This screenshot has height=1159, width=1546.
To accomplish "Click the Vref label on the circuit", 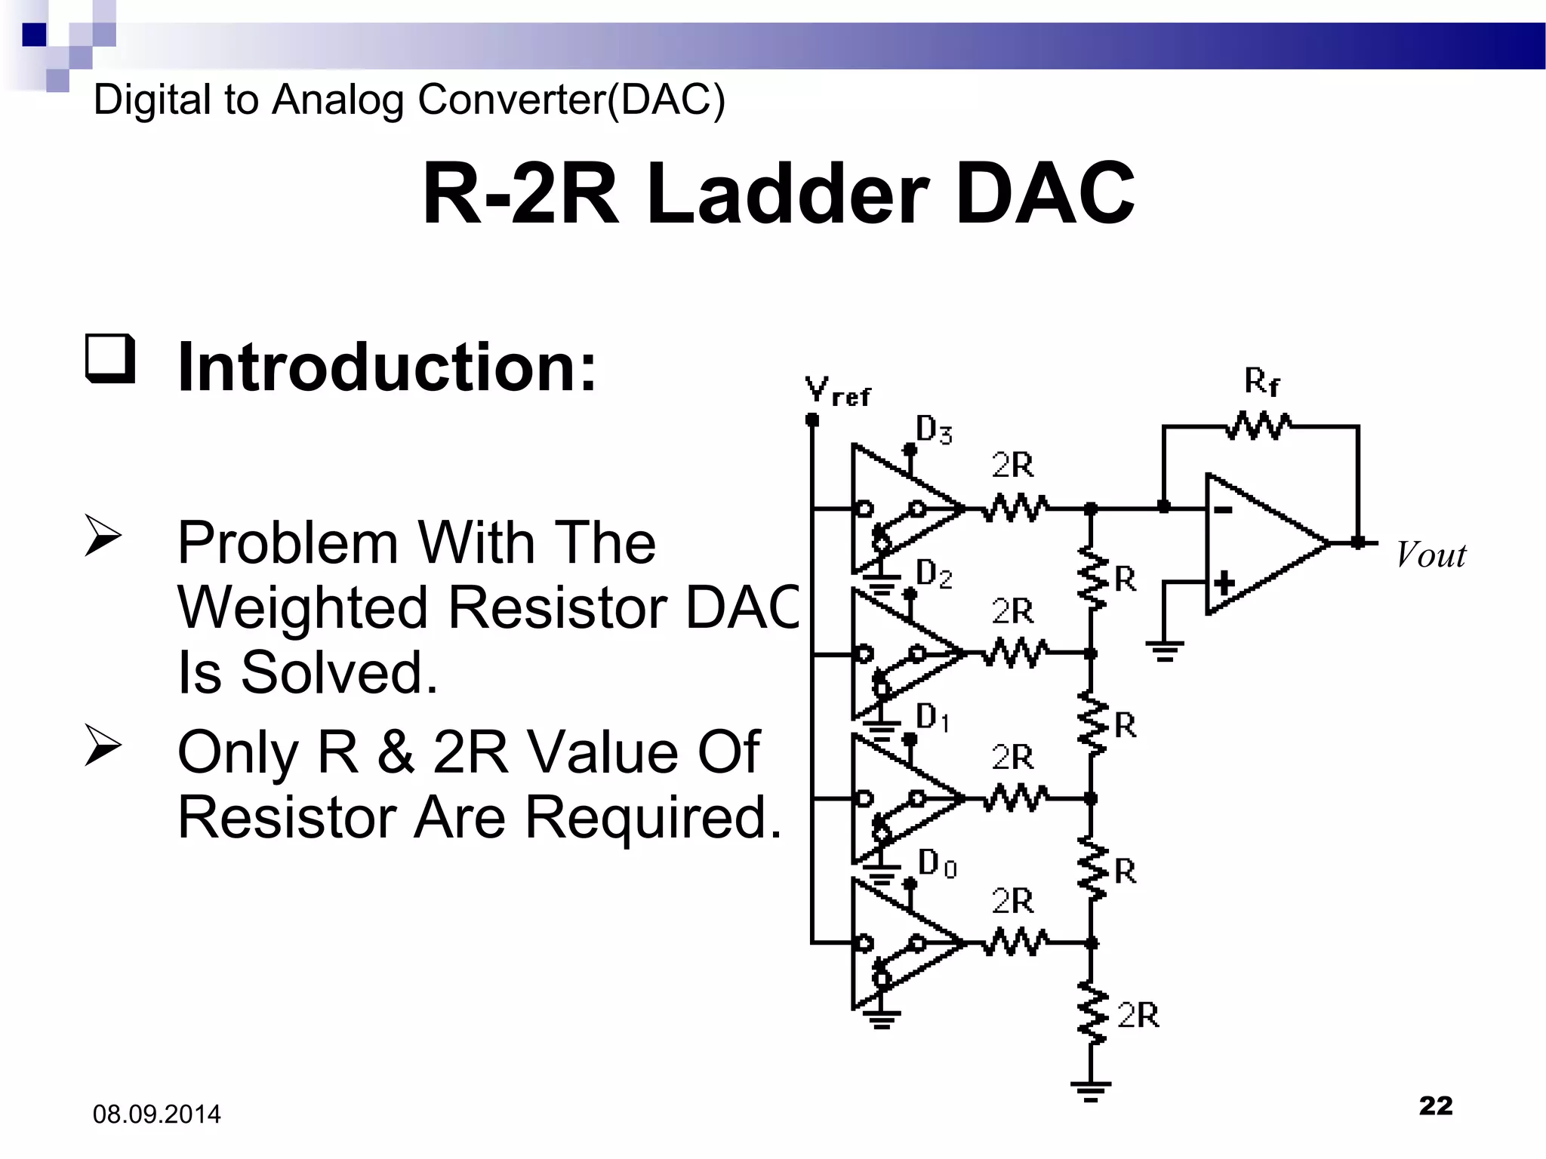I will pos(836,392).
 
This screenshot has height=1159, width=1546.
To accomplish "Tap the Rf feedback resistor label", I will pos(1261,382).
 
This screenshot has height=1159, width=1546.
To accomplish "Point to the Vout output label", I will pos(1431,555).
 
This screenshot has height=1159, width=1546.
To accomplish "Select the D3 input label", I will pos(934,430).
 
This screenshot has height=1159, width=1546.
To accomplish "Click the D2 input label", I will pos(934,574).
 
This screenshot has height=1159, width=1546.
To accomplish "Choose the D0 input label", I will pos(937,862).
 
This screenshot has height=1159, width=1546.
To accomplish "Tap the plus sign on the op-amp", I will pos(1224,583).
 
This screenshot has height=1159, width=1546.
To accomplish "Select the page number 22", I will pos(1435,1105).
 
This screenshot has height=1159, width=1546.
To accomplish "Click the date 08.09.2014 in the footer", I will pos(156,1114).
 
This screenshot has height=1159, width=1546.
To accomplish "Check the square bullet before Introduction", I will pos(110,358).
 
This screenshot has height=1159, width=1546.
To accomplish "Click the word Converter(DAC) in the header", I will pos(571,100).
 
